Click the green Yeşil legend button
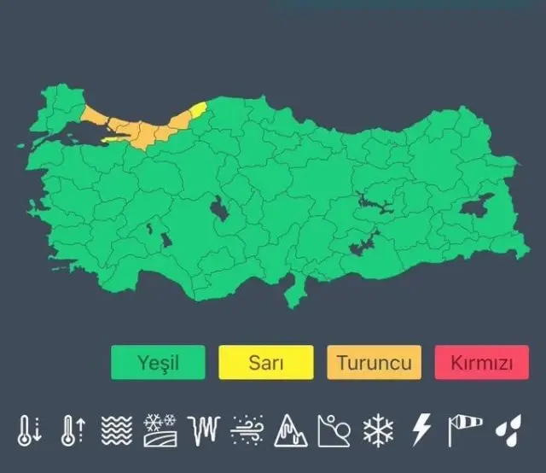coord(158,362)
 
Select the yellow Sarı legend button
coord(265,362)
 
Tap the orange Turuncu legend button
coord(374,362)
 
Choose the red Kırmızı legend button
coord(481,362)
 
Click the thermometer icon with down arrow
coord(30,430)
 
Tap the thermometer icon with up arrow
coord(72,430)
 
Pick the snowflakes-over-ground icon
coord(159,430)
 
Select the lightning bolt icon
coord(421,430)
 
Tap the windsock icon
coord(466,430)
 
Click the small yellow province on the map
coord(198,109)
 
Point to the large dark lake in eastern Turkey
coord(479,206)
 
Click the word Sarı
coord(265,362)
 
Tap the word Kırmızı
coord(481,362)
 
